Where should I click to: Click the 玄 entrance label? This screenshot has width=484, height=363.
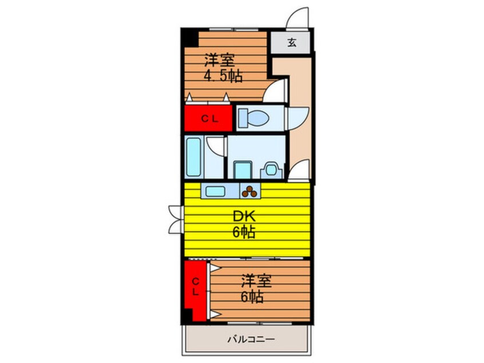[x=292, y=42]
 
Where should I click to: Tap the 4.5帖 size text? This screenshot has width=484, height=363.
[x=223, y=76]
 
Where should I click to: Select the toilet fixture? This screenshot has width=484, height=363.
[x=254, y=118]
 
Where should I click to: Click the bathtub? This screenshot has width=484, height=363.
[x=193, y=157]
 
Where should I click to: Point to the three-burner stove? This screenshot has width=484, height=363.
[x=249, y=191]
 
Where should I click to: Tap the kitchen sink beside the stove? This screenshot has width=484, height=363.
[x=215, y=191]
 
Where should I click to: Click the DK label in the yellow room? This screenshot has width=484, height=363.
[x=244, y=216]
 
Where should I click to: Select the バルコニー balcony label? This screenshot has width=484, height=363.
[x=251, y=340]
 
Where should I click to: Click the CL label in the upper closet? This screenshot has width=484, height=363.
[x=210, y=119]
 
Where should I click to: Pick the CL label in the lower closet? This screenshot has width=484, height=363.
[x=196, y=286]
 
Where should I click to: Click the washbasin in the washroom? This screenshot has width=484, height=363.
[x=271, y=170]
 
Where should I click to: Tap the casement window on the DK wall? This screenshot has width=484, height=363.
[x=176, y=219]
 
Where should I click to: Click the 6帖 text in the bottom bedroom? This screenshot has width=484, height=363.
[x=252, y=297]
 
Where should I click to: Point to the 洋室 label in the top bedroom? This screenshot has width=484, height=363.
[x=220, y=60]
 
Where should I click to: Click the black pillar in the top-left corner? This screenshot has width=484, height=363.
[x=189, y=37]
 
